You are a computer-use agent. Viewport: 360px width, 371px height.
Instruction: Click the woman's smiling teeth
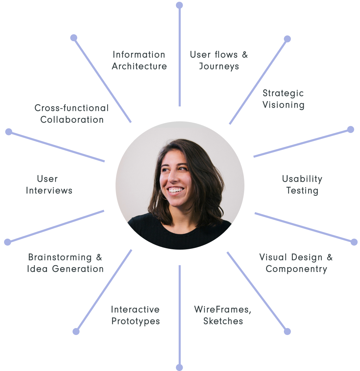(x=175, y=190)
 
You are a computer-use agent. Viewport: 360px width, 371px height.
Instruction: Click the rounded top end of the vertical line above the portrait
(x=179, y=5)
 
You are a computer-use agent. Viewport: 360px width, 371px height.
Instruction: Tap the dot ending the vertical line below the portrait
(x=179, y=367)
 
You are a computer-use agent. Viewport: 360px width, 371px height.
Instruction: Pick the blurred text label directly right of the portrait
(x=302, y=187)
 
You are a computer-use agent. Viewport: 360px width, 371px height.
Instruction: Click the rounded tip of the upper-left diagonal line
(x=73, y=38)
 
